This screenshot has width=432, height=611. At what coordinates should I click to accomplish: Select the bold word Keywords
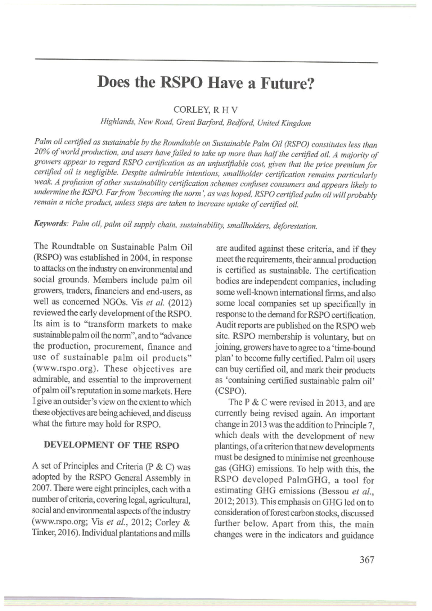[x=50, y=223]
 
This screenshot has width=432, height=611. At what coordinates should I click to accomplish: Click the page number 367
[x=367, y=559]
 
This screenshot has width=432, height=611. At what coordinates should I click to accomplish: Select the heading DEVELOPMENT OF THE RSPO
[x=111, y=445]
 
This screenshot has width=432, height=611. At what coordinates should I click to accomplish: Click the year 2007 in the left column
[x=41, y=489]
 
